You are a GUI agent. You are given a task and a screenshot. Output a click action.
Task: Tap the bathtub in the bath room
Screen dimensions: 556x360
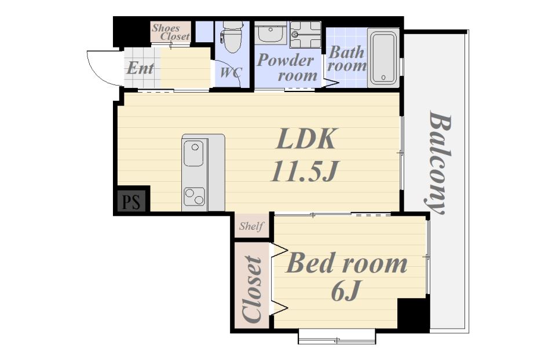[x=383, y=58]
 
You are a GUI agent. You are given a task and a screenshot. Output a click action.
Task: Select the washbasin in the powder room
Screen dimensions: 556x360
[x=270, y=34]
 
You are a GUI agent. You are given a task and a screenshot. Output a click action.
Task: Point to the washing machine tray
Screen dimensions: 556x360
[x=305, y=34]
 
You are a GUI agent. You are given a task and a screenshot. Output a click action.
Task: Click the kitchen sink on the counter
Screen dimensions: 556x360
[x=193, y=153]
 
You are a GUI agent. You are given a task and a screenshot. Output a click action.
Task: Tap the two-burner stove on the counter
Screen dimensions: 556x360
[x=194, y=197]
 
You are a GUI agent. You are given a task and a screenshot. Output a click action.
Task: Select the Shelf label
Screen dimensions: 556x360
[x=251, y=226]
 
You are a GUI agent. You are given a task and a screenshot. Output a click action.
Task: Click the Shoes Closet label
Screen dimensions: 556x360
[x=171, y=32]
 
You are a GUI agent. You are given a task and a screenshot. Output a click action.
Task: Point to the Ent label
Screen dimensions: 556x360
[x=140, y=68]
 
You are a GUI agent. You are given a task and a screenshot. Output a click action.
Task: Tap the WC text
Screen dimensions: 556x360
[x=231, y=73]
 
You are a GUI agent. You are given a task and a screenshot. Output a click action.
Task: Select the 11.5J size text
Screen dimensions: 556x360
[x=304, y=171]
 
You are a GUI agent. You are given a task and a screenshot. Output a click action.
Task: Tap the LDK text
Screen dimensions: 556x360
[x=306, y=139]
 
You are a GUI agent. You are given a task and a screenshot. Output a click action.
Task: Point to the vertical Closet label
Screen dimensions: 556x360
[x=252, y=289]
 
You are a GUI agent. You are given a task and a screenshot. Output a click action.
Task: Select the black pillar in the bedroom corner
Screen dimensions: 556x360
[x=413, y=313]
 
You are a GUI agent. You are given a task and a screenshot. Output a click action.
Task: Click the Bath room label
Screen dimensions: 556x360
[x=347, y=59]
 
